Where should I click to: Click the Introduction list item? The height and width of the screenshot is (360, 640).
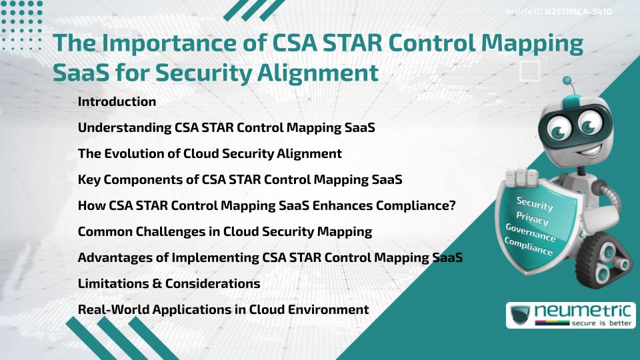click(x=117, y=102)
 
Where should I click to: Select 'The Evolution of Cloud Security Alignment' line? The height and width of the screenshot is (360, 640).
click(x=209, y=153)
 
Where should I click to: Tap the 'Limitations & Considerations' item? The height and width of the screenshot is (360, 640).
click(x=169, y=283)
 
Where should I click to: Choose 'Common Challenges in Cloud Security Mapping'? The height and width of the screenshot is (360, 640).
click(x=225, y=232)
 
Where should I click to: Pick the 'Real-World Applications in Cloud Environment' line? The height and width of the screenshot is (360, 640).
click(x=223, y=309)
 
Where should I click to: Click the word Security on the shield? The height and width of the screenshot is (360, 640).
click(x=535, y=203)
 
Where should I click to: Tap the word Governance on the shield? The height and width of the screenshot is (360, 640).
click(x=530, y=233)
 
